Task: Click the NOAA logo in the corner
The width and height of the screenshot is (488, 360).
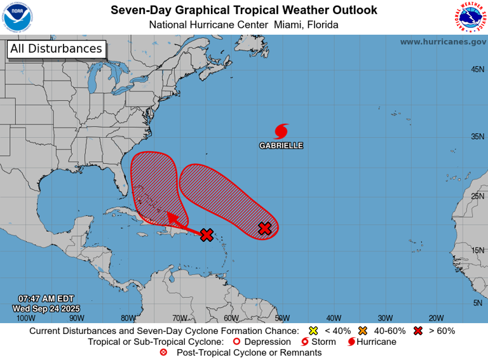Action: tap(17, 17)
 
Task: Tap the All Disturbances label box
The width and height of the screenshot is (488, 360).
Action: tap(56, 49)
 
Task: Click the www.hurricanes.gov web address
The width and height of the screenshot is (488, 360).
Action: tap(442, 41)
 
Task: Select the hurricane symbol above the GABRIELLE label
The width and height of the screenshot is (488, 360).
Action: tap(281, 131)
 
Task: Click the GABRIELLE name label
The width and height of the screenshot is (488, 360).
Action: tap(281, 145)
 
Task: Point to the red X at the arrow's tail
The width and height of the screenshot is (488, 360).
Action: tap(207, 235)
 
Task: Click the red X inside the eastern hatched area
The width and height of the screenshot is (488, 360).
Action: tap(265, 229)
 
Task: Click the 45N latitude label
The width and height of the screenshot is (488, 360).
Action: tap(477, 69)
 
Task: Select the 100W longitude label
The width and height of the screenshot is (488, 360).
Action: tap(25, 318)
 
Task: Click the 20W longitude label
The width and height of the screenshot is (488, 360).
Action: tap(436, 318)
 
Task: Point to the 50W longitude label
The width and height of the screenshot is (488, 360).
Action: tap(282, 318)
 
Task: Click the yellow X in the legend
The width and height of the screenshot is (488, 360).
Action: tap(312, 331)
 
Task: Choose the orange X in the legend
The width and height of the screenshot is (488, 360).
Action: tap(363, 331)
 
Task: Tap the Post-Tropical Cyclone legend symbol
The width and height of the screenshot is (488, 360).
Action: tap(163, 352)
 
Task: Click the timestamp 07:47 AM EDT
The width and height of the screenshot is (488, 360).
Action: tap(46, 298)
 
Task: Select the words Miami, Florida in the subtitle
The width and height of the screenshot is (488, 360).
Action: tap(307, 25)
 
